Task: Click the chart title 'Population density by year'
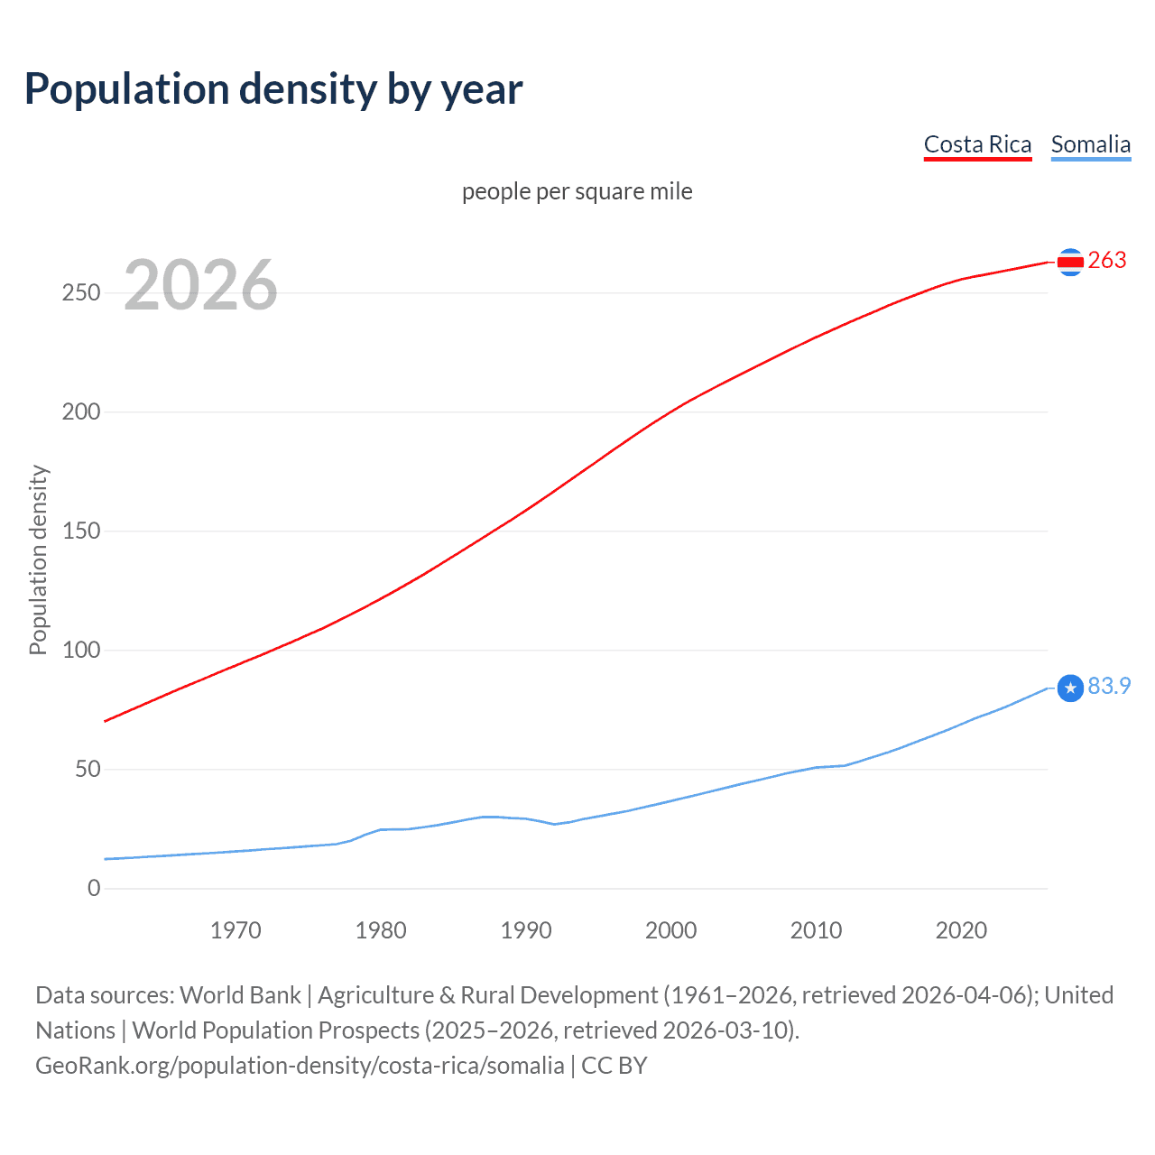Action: click(273, 89)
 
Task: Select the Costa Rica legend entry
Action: click(977, 144)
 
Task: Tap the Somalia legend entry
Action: click(1090, 144)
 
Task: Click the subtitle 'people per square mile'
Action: click(577, 191)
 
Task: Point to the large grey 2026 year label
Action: click(200, 285)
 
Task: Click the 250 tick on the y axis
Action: click(81, 292)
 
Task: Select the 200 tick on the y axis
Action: click(81, 411)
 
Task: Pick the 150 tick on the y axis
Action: click(81, 531)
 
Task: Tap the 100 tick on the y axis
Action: click(81, 650)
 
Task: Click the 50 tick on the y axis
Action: click(88, 769)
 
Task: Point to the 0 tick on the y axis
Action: click(94, 888)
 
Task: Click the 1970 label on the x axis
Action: click(236, 930)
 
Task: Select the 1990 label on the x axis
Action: click(526, 930)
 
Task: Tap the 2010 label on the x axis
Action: click(816, 930)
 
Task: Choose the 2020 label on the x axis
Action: click(961, 930)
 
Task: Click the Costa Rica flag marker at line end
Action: click(1070, 262)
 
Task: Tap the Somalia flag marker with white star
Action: click(1070, 688)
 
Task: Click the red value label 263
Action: click(1107, 261)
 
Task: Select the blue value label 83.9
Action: click(1109, 687)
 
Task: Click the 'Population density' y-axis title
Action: click(38, 559)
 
